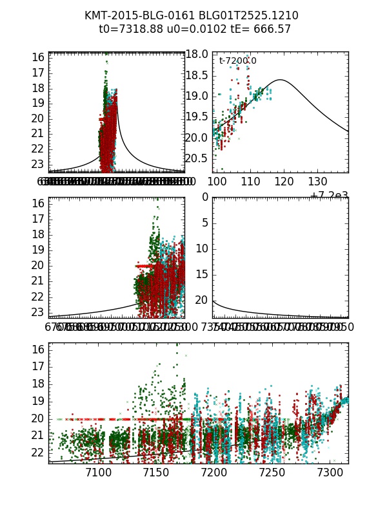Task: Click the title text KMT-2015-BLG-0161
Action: tap(132, 15)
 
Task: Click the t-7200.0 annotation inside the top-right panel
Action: tap(237, 61)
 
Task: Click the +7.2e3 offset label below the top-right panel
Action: tap(329, 195)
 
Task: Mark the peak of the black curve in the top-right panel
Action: tap(281, 80)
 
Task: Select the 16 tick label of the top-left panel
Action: tap(37, 57)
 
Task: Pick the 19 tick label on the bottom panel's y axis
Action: tap(37, 401)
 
